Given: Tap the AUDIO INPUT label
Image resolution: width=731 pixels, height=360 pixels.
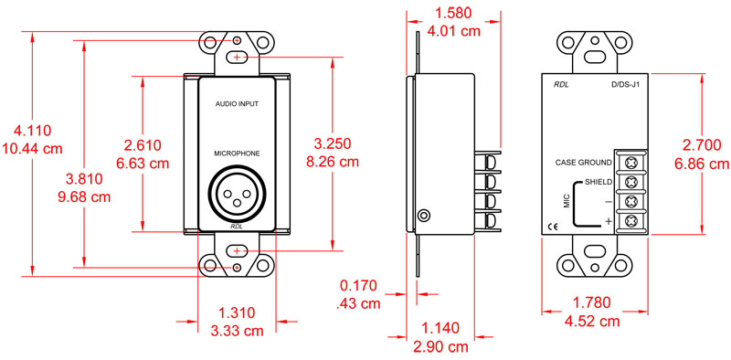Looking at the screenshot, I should (x=237, y=105).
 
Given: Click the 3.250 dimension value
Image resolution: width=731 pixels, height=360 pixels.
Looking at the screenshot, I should (x=333, y=145).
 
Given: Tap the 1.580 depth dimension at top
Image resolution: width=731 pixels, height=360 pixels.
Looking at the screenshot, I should (x=456, y=14).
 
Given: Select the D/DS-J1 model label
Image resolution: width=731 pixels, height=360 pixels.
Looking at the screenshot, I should (x=628, y=86).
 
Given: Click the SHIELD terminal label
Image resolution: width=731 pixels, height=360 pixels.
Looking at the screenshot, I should (x=598, y=182).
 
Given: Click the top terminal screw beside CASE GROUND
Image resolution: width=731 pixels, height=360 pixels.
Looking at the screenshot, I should (x=631, y=161).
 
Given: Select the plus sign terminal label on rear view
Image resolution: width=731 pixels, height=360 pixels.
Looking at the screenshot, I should (x=607, y=221).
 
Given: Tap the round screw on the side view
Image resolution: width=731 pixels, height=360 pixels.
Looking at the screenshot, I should (x=423, y=217).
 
